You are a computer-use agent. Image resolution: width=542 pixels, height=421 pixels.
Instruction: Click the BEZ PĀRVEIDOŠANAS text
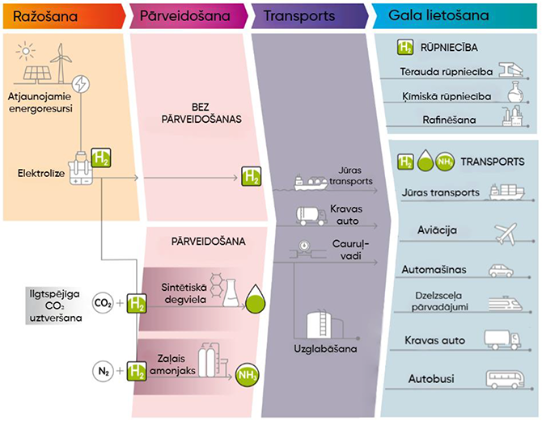(196, 112)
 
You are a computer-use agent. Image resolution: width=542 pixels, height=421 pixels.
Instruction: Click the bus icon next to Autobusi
(503, 378)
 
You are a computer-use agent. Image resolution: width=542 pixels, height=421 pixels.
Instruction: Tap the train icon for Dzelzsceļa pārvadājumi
(504, 304)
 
